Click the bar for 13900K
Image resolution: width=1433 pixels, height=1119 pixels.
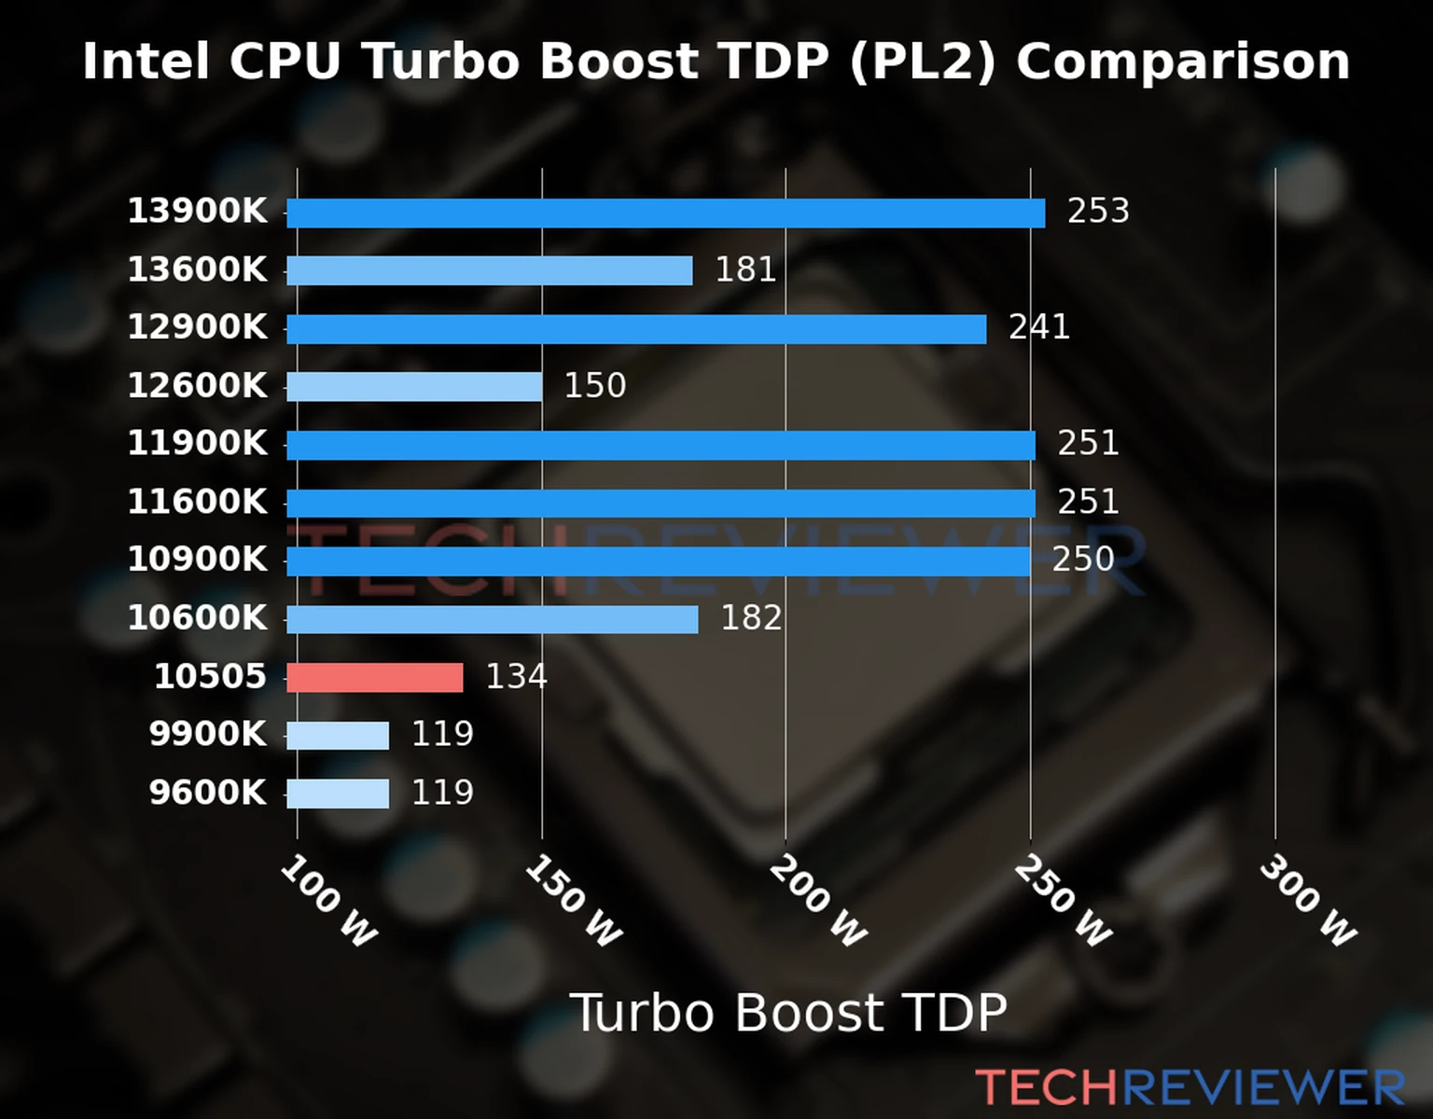pyautogui.click(x=665, y=214)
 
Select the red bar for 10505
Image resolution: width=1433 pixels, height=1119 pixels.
pyautogui.click(x=374, y=678)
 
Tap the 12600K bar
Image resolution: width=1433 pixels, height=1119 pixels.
pyautogui.click(x=414, y=387)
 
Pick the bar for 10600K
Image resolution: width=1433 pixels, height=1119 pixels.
pyautogui.click(x=492, y=619)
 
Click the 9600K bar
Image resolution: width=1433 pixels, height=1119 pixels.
pyautogui.click(x=338, y=794)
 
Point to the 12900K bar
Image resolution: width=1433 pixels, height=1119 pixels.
pyautogui.click(x=635, y=329)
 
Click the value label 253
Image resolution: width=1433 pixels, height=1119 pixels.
pyautogui.click(x=1098, y=212)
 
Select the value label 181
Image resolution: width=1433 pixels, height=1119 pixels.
pyautogui.click(x=745, y=270)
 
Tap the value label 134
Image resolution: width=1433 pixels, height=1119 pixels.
pyautogui.click(x=516, y=677)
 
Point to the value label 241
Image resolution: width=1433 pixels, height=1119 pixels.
pyautogui.click(x=1038, y=328)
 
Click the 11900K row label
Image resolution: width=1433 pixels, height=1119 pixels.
pyautogui.click(x=197, y=444)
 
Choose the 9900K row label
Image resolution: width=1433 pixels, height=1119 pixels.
pyautogui.click(x=207, y=735)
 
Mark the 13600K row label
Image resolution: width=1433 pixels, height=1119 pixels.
pyautogui.click(x=197, y=270)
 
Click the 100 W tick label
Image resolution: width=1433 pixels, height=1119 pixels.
pyautogui.click(x=328, y=902)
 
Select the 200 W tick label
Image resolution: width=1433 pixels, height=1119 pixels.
pyautogui.click(x=818, y=902)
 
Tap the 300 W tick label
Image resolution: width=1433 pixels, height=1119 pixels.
pyautogui.click(x=1307, y=902)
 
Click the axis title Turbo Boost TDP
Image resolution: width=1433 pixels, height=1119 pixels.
pyautogui.click(x=788, y=1013)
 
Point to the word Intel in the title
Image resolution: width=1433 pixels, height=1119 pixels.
pyautogui.click(x=146, y=62)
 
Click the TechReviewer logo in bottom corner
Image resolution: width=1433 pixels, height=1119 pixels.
pyautogui.click(x=1190, y=1087)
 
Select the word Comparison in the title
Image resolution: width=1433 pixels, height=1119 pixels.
pyautogui.click(x=1183, y=62)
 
